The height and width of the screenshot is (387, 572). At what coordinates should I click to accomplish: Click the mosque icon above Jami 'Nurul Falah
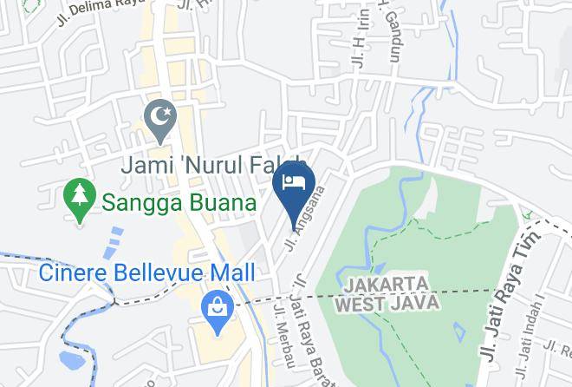(159, 115)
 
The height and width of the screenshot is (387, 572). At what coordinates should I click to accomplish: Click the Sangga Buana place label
(179, 203)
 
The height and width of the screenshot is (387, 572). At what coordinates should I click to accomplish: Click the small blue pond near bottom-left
(68, 357)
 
